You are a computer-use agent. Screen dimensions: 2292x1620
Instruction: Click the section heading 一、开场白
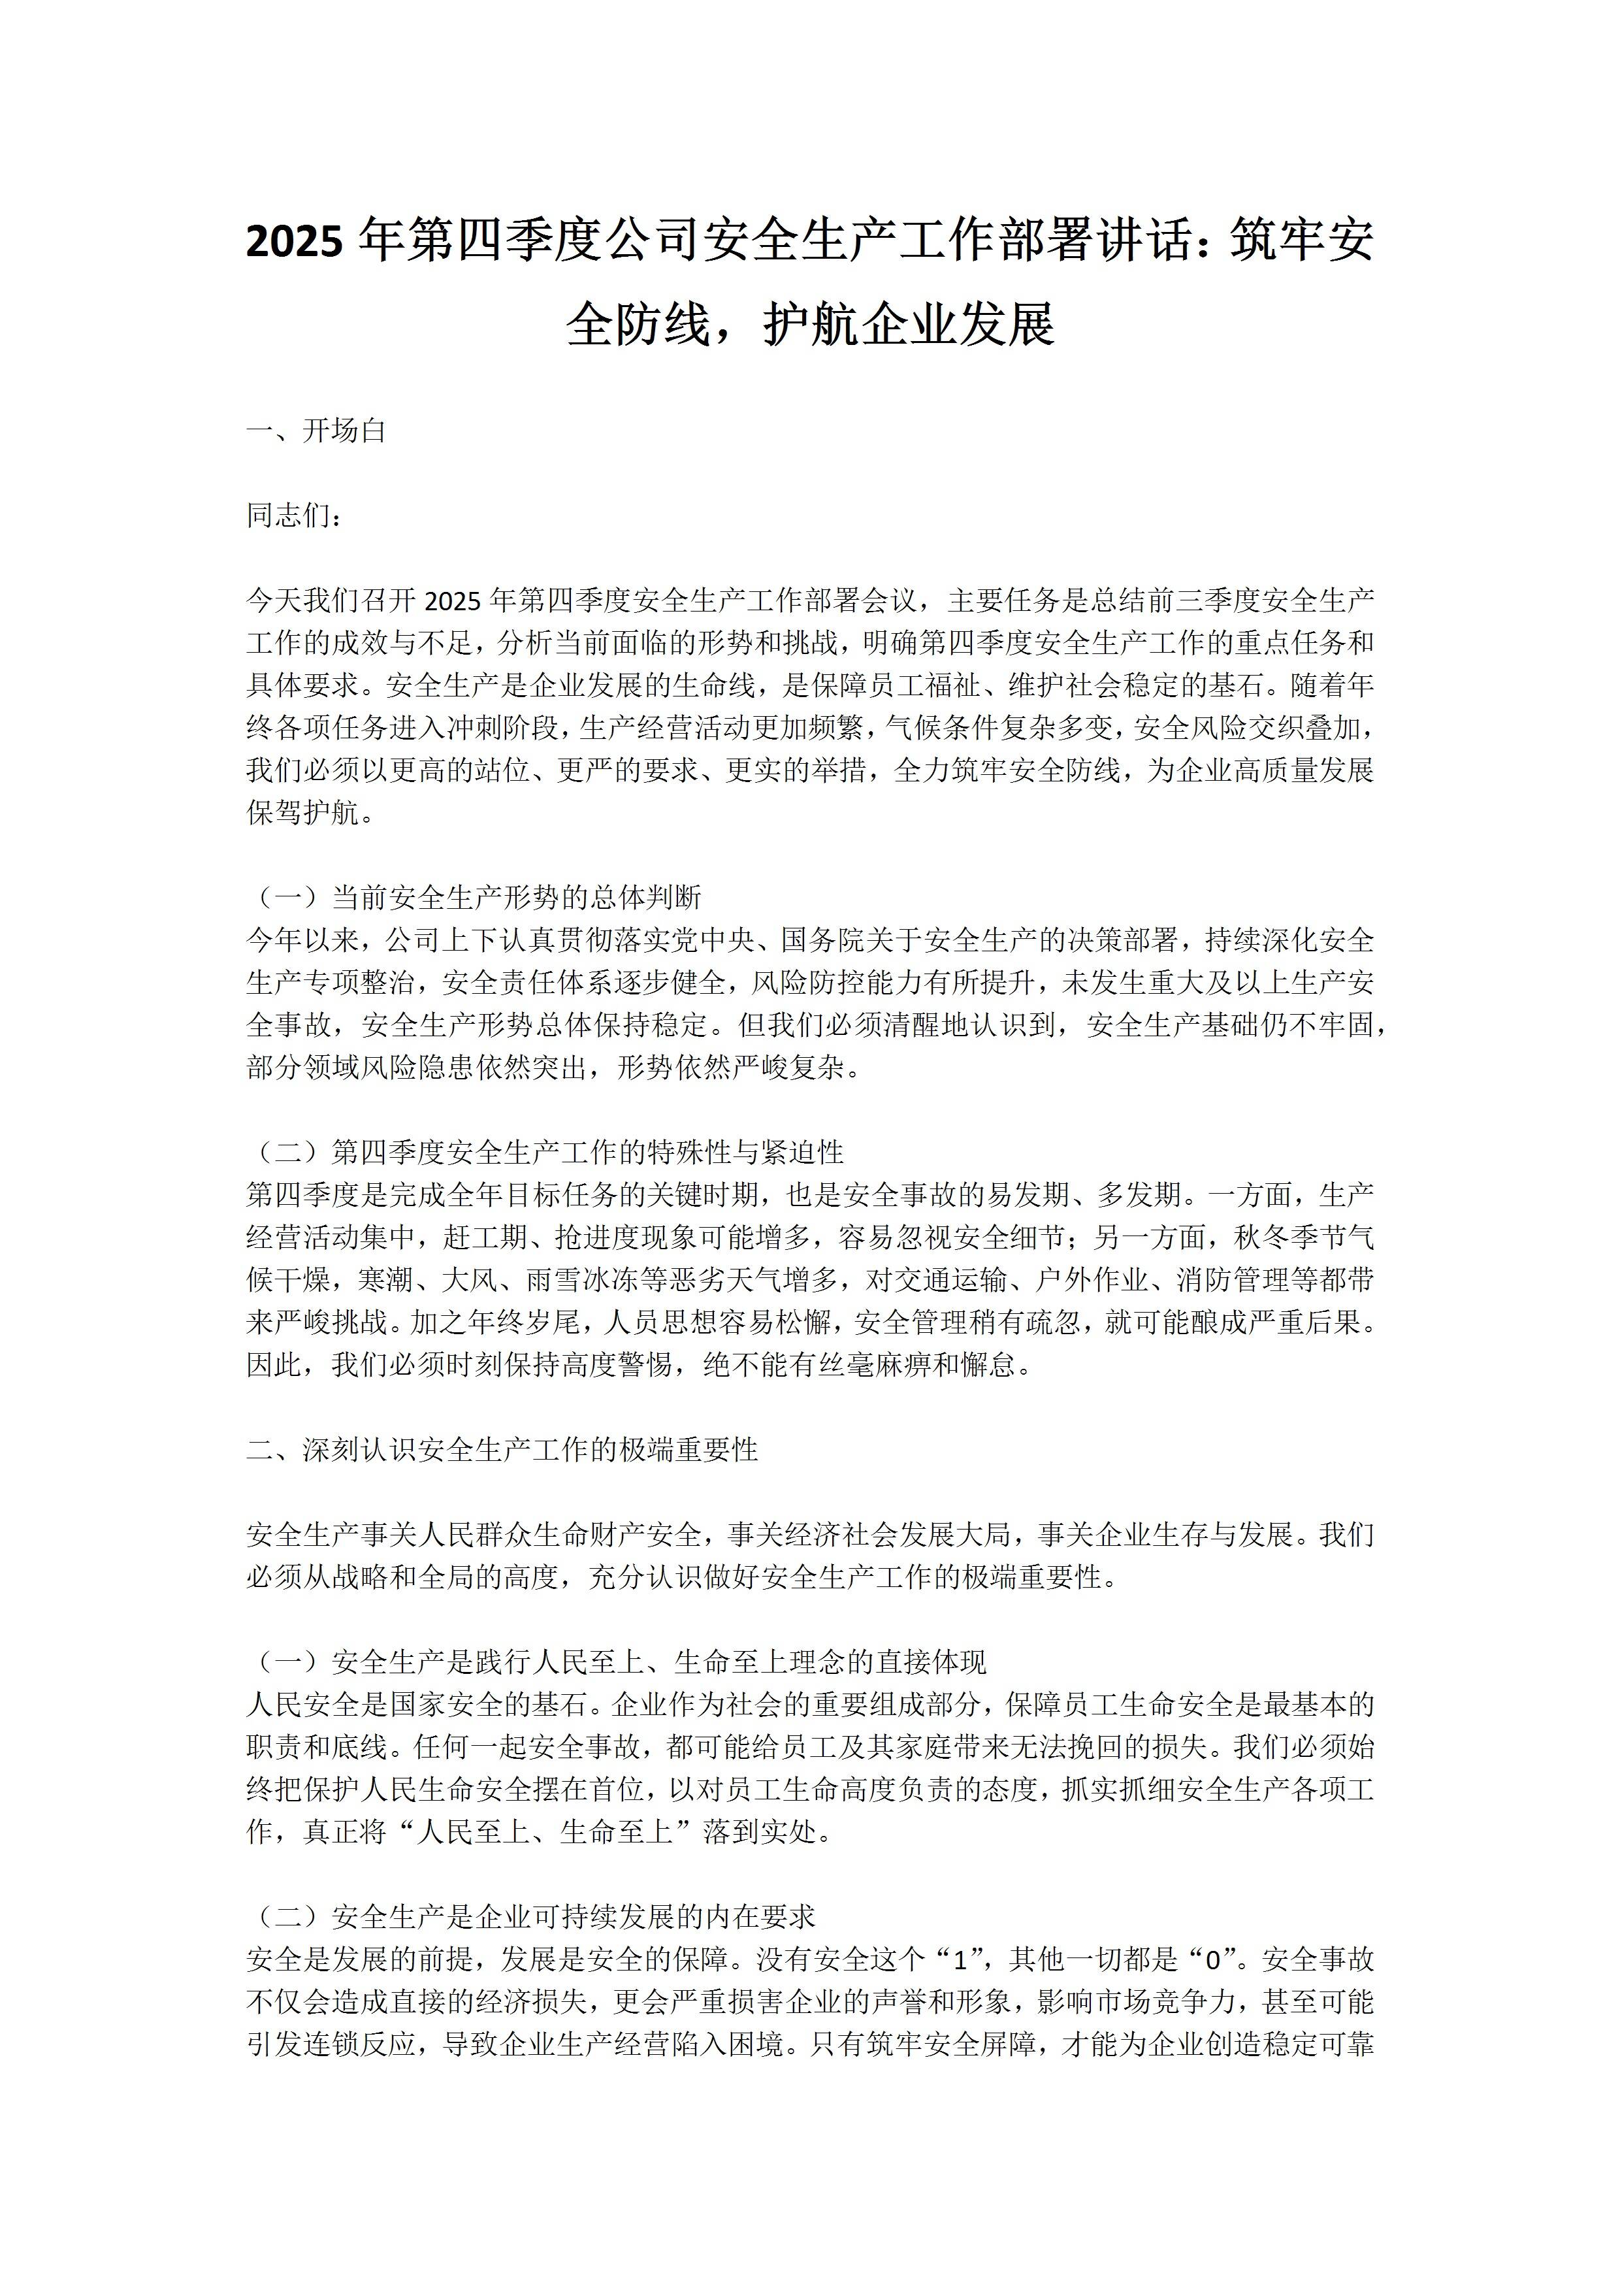tap(316, 431)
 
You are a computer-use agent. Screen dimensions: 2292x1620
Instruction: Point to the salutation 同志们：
tap(295, 516)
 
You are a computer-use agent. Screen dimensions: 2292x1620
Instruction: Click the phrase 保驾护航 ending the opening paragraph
tap(301, 813)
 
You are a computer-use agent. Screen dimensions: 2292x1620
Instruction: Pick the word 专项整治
tap(357, 983)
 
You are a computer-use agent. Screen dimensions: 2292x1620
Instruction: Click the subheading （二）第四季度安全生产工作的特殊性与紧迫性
tap(545, 1153)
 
